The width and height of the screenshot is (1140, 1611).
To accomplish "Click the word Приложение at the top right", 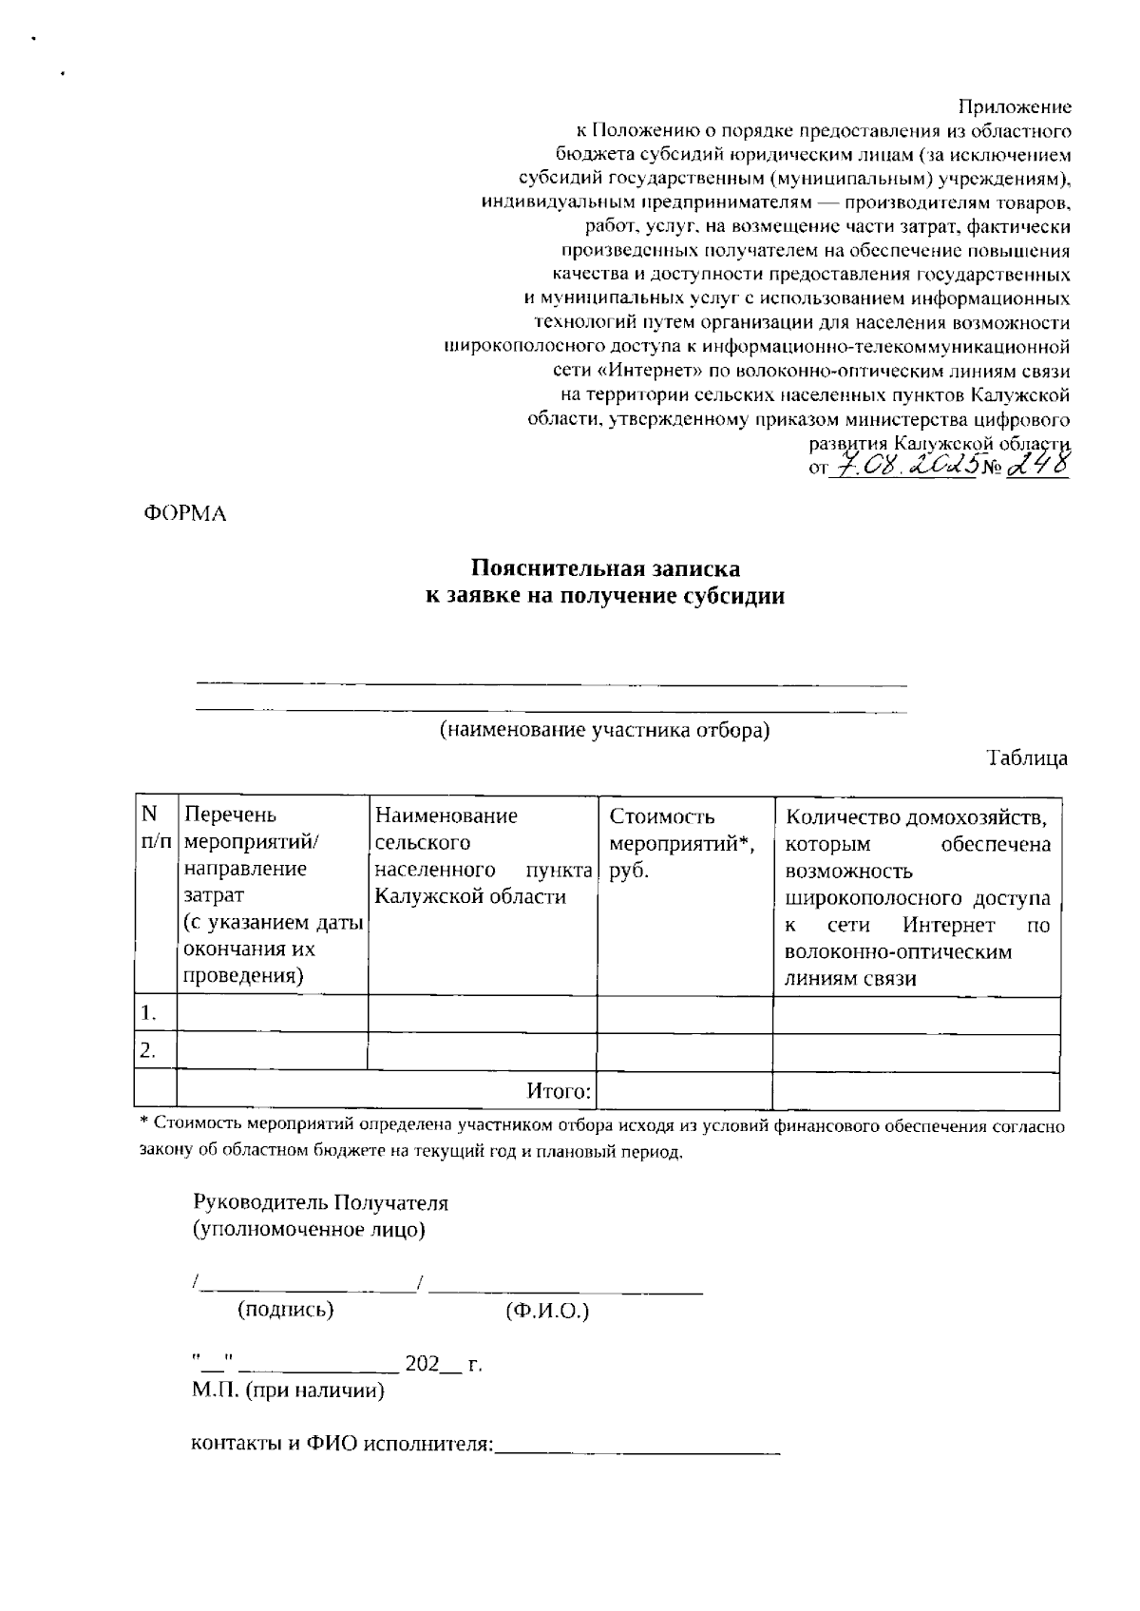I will (1014, 106).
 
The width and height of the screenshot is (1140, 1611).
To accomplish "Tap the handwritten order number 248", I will (1038, 465).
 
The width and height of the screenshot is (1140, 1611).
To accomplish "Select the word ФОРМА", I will (185, 514).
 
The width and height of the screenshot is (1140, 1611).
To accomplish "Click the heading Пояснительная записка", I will (606, 568).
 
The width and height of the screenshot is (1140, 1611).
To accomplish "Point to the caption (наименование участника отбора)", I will (604, 730).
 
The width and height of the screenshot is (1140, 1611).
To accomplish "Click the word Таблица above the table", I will (1027, 758).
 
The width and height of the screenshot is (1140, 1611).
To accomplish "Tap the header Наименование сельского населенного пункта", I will (483, 855).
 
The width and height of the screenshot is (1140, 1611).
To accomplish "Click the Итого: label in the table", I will (560, 1090).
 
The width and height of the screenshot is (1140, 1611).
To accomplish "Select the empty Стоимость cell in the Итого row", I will (684, 1090).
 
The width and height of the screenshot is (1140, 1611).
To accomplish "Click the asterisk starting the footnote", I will (144, 1123).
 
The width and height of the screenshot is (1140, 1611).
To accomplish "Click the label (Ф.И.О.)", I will (548, 1311).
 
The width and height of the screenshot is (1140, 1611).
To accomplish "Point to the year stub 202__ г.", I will (444, 1365).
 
